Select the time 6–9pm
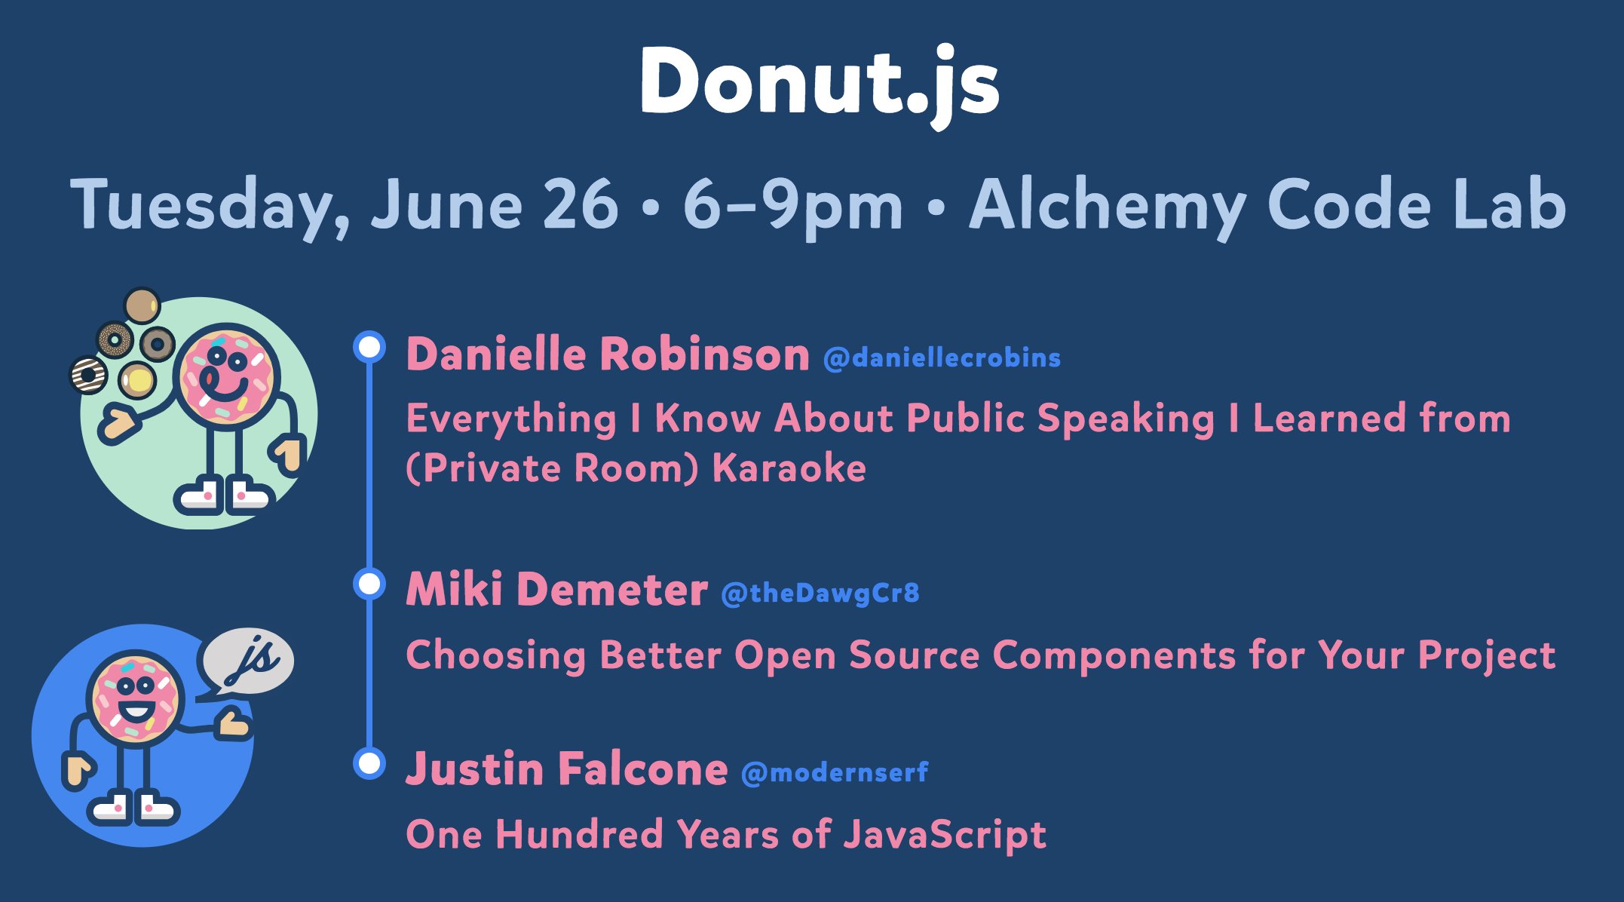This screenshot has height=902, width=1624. pos(792,207)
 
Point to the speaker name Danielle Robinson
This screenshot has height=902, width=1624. pos(608,354)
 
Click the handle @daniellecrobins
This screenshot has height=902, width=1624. pos(942,357)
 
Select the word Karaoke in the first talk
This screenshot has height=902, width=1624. pos(789,468)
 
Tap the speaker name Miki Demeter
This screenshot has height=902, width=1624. pos(556,589)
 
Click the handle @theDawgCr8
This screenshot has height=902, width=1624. pos(820,594)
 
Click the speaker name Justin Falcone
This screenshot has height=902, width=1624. pos(566,769)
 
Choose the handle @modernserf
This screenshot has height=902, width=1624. pos(835,773)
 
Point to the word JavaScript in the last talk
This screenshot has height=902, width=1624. pos(945,836)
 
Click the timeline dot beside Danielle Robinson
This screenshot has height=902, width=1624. pos(369,347)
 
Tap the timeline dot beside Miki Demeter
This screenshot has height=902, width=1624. pos(369,584)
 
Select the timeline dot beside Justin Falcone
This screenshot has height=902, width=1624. pos(369,763)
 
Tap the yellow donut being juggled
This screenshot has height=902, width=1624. pos(138,380)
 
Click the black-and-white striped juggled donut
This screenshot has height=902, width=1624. pos(88,375)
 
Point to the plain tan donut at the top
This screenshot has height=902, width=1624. pos(142,305)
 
